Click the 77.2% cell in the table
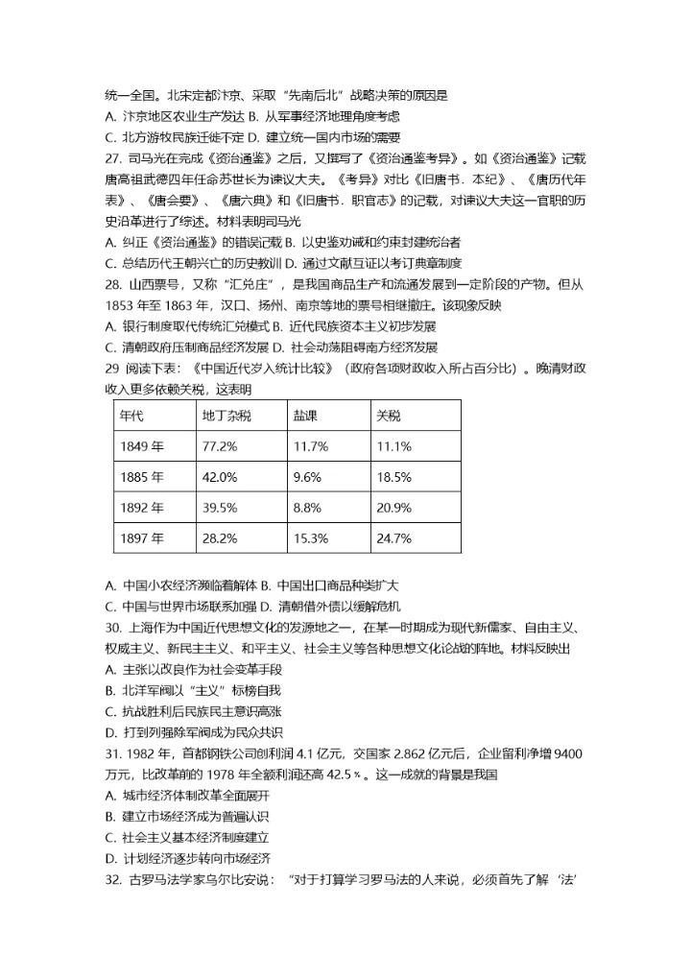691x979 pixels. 219,446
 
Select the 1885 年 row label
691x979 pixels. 141,477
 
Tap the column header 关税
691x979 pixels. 389,416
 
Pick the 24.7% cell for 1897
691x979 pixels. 393,537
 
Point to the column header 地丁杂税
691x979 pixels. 226,416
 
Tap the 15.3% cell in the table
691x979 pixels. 311,537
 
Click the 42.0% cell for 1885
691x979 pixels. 219,477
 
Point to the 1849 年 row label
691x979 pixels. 141,446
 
